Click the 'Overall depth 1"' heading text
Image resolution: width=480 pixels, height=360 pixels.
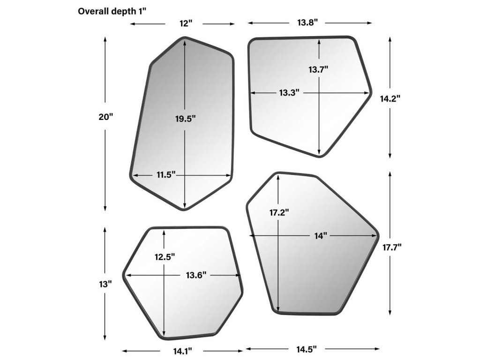pos(112,11)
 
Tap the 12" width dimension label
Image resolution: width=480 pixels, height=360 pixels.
pos(186,23)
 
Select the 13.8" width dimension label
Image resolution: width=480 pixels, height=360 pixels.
pos(307,22)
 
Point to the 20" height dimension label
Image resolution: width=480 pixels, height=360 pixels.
pos(106,117)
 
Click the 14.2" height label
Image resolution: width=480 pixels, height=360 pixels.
pos(390,98)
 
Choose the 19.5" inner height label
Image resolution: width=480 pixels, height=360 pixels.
pos(185,119)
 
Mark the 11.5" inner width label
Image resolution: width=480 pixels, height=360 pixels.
pos(166,175)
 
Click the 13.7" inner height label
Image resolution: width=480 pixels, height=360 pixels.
pos(318,69)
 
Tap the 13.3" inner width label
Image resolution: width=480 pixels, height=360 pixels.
pos(289,92)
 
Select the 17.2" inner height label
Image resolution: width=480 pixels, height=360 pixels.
pos(279,212)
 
